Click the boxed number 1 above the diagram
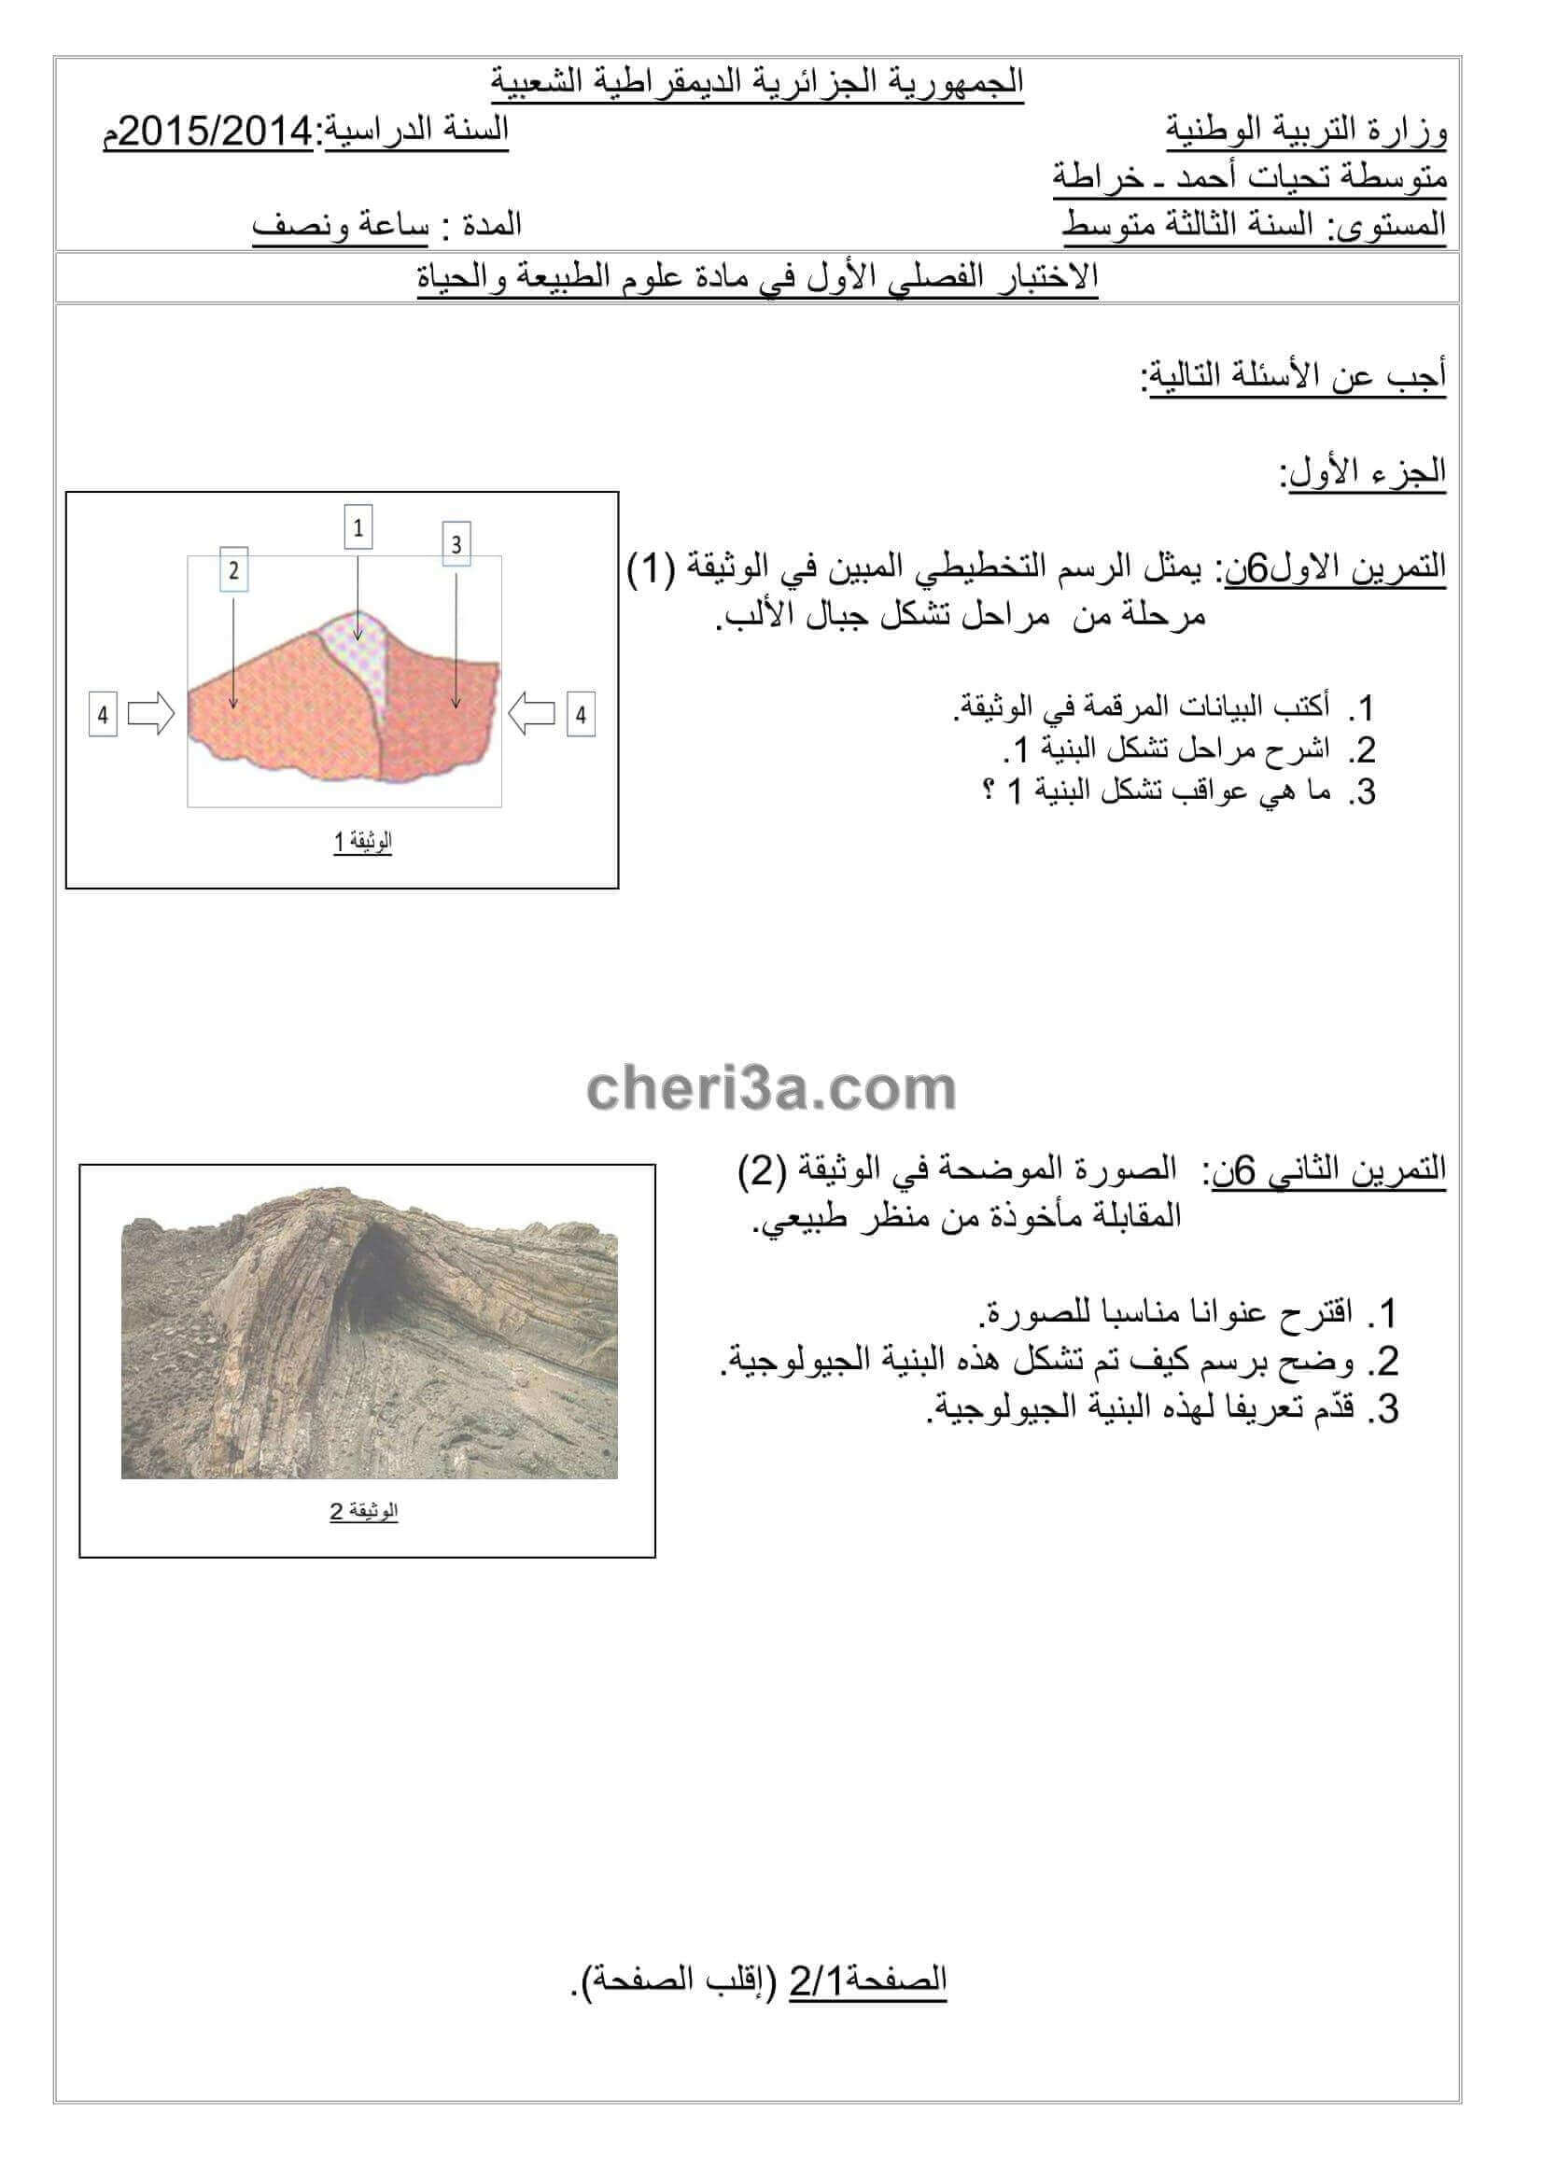358,527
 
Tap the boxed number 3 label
456,544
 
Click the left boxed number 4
103,714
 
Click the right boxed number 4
581,714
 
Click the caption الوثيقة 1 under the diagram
362,842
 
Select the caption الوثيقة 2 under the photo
364,1511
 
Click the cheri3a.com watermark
771,1089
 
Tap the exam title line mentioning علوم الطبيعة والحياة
758,276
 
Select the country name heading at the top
758,82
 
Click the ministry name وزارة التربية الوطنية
1306,131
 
